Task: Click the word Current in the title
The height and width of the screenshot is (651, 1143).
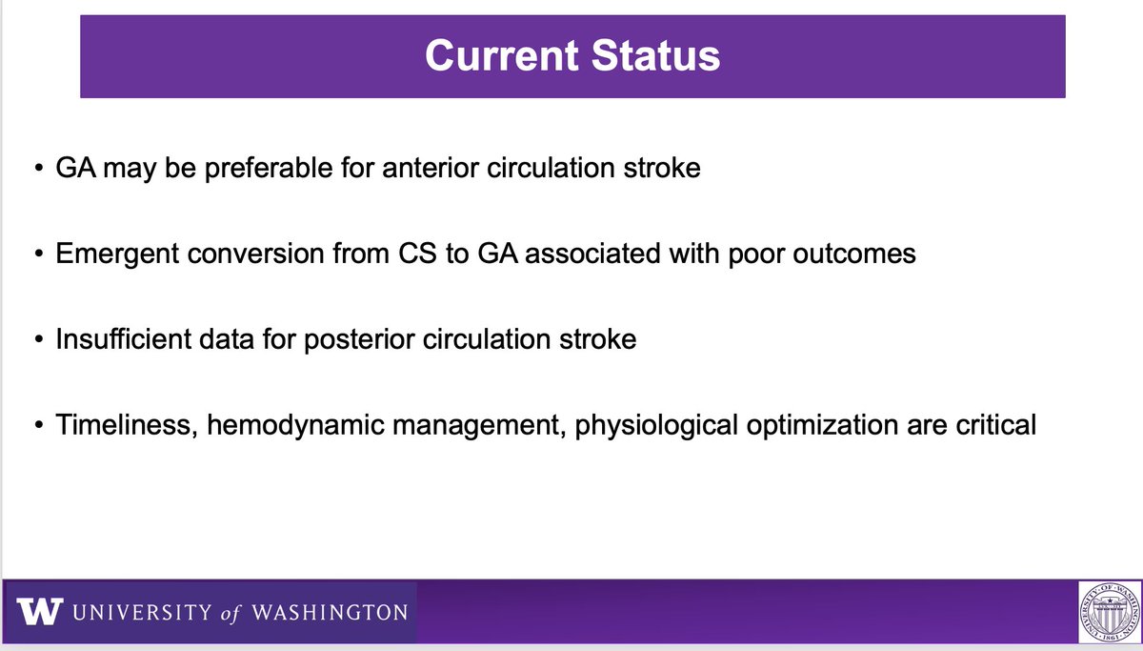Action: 502,55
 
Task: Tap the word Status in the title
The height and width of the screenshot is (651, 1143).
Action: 655,55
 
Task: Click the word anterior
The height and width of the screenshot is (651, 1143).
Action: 431,168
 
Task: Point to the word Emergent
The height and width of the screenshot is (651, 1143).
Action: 117,254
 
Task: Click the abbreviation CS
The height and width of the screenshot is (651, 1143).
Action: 417,254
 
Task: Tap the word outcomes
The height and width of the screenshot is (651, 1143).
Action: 854,254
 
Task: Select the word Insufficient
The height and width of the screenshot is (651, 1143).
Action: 124,339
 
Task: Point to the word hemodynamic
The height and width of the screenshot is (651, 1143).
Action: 295,426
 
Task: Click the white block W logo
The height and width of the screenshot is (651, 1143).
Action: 40,611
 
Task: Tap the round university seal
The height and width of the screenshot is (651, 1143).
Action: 1110,612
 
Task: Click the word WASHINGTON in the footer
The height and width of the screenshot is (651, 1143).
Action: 330,612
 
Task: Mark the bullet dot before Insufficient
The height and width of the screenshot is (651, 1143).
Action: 39,339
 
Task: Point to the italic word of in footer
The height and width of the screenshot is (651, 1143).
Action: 230,613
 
